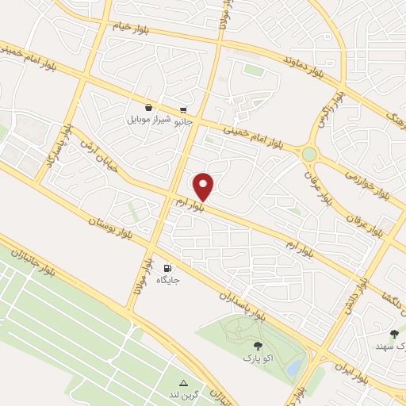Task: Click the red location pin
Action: [x=205, y=186]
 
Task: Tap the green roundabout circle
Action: [x=309, y=154]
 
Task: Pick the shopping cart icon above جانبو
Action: [x=185, y=109]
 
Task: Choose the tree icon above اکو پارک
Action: [x=258, y=345]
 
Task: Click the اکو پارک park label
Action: [x=258, y=358]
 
